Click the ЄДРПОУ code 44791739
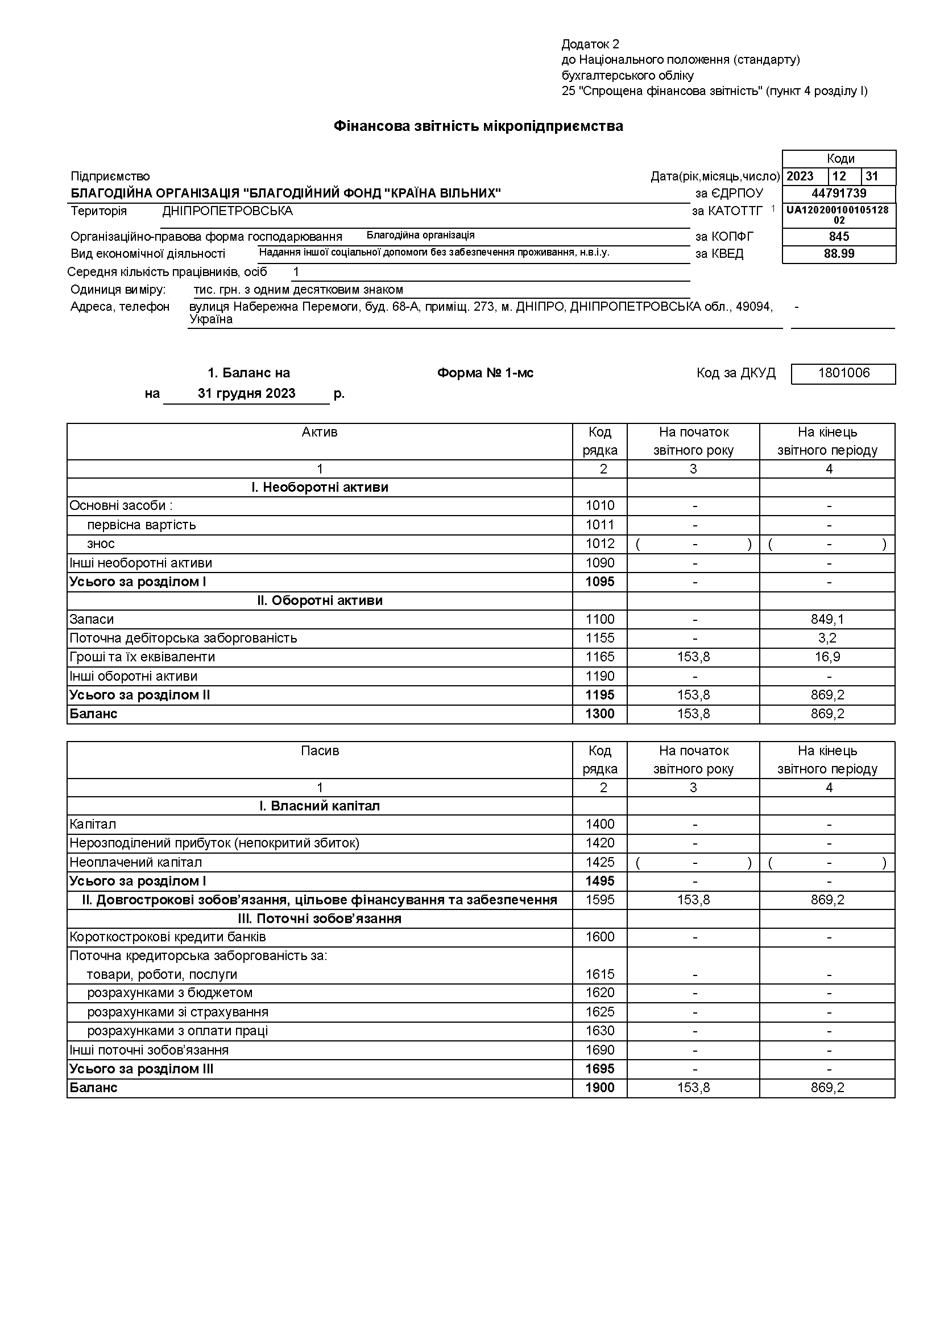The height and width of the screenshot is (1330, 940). [x=839, y=193]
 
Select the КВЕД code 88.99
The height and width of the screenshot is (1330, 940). [x=839, y=254]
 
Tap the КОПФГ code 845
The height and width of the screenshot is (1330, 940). [x=839, y=236]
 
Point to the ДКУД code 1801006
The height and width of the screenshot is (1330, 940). [x=843, y=373]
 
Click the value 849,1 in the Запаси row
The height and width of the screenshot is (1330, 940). [x=827, y=619]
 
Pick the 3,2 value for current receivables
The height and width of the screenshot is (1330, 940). [x=828, y=639]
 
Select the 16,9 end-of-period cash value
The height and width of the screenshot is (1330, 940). [x=828, y=657]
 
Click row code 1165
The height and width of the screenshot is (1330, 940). [x=599, y=657]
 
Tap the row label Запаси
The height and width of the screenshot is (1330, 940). [x=92, y=619]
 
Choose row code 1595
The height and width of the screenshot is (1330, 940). [x=599, y=900]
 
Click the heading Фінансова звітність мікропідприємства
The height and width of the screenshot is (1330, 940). [x=478, y=126]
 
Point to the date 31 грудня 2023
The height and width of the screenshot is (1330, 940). [x=247, y=393]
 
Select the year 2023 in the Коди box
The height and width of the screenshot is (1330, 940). [x=800, y=176]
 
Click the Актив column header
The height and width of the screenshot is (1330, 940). [x=320, y=432]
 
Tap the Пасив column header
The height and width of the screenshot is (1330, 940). [x=320, y=751]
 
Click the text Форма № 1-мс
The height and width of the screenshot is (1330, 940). [x=485, y=373]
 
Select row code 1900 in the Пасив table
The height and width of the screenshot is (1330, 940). [x=599, y=1088]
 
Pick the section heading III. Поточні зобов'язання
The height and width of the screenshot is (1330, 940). [x=320, y=919]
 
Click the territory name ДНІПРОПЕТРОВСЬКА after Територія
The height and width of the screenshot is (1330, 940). [x=227, y=211]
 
